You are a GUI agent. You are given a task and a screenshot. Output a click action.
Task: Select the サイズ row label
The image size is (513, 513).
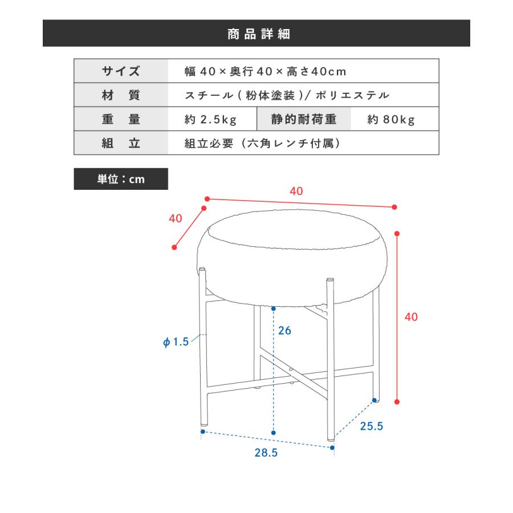pos(121,71)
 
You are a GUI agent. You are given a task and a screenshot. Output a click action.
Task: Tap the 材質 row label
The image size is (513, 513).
pos(121,95)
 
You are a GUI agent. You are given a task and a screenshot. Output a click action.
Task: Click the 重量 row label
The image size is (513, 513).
pos(121,119)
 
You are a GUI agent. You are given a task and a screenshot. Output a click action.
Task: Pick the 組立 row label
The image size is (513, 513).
pos(121,143)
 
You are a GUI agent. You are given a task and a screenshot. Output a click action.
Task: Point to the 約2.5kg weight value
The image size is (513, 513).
pos(211,120)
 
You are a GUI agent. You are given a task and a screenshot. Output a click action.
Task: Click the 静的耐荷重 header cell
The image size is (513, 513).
pos(304,119)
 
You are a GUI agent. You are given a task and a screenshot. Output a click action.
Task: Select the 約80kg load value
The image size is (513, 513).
pos(391,120)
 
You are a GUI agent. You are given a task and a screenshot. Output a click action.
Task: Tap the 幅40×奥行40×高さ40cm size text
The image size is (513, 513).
pos(266,72)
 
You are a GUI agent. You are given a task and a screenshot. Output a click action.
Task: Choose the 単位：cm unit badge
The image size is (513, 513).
pos(121,179)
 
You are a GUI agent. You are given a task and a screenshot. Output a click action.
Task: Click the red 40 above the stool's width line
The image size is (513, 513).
pos(296,192)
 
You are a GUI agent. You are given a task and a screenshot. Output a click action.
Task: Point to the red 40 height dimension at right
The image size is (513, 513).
pos(411,317)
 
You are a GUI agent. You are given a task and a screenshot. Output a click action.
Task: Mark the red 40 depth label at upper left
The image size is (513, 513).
pos(175,218)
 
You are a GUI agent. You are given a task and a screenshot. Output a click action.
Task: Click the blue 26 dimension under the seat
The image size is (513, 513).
pos(285,330)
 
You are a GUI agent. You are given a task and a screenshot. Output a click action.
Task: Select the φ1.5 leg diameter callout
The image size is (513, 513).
pos(175,342)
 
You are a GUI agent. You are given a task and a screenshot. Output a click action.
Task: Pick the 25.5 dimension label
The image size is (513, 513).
pos(371,425)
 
